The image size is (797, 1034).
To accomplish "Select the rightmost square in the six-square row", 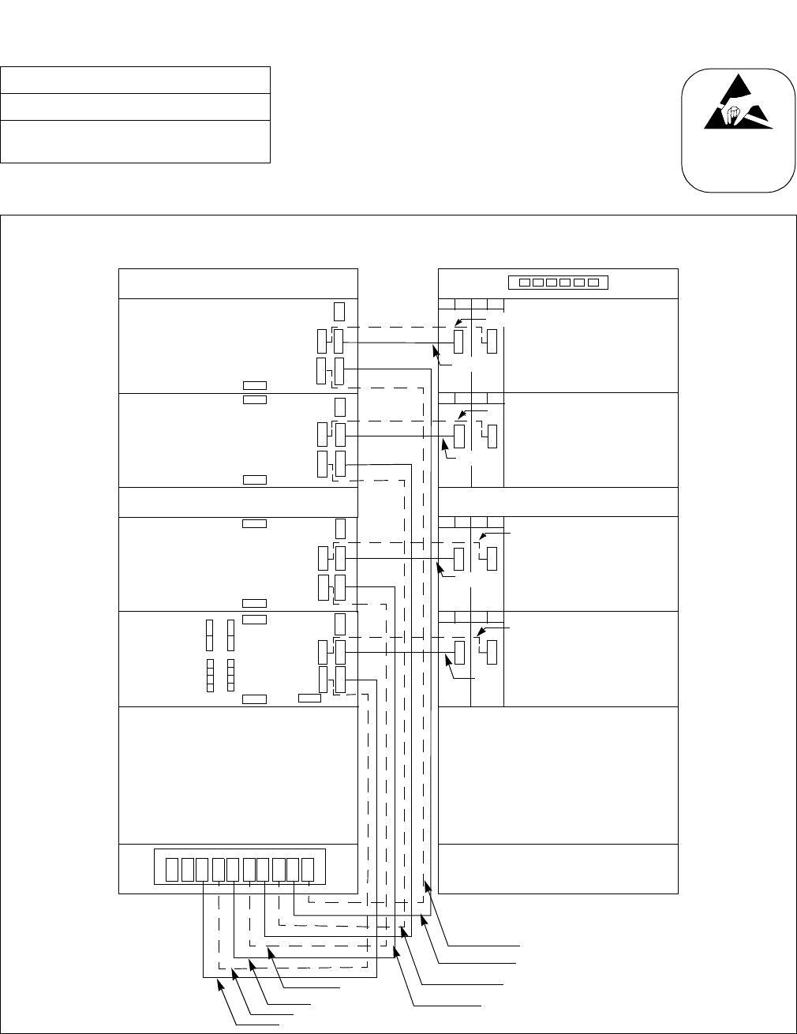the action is [593, 283].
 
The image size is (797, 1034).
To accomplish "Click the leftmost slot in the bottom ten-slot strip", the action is [172, 869].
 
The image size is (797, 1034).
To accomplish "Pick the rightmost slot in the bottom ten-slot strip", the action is [309, 869].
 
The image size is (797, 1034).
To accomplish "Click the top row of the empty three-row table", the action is [136, 81].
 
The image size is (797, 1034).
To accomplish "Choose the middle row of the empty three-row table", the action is [136, 107].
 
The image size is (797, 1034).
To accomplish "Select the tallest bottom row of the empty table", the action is [136, 142].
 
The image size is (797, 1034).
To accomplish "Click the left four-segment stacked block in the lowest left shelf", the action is [210, 675].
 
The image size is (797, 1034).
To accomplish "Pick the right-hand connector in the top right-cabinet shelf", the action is [492, 342].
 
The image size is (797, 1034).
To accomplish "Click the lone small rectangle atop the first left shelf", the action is [339, 311].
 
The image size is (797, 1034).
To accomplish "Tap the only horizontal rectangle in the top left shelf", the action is [254, 385].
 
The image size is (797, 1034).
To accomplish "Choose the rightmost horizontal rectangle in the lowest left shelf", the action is [309, 698].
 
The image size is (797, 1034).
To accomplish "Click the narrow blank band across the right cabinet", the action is [558, 502].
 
